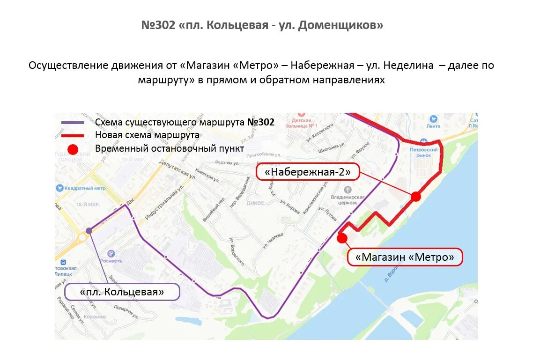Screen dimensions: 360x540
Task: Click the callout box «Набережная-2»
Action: point(307,172)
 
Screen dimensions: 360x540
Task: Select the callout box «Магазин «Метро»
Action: point(405,257)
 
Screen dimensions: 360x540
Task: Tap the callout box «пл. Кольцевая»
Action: point(122,292)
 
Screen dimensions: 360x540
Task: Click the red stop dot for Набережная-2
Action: point(416,197)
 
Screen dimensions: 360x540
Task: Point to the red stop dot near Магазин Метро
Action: point(342,238)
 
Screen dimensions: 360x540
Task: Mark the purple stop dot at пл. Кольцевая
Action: point(89,230)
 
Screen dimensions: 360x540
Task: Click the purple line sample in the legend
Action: point(73,123)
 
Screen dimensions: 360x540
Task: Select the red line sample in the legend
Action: point(73,135)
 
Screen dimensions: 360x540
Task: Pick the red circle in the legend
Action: point(73,149)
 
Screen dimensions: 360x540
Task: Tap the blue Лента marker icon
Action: point(433,119)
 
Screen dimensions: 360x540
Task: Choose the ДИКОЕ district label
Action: point(255,203)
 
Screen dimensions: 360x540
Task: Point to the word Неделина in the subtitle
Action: point(412,66)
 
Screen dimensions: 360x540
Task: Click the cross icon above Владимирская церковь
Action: point(348,190)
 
